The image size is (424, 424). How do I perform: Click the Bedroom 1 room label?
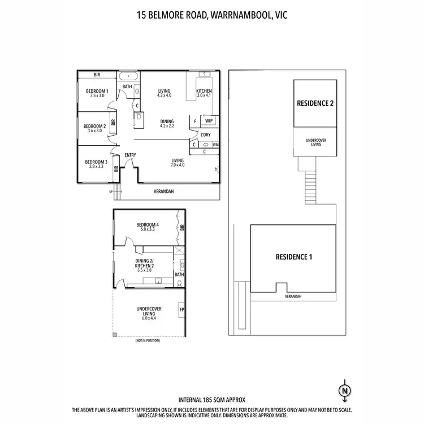pos(97,92)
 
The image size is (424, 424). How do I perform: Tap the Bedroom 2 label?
pos(94,126)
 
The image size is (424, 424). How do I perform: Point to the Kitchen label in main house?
pos(204,92)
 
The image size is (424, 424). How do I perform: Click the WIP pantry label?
pos(209,120)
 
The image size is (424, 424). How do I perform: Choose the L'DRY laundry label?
pos(206,135)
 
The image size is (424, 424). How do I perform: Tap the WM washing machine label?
pos(215,145)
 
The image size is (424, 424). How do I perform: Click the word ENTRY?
pos(130,155)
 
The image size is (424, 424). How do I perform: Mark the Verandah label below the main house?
pos(163,192)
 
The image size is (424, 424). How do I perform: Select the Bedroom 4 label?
pos(148,225)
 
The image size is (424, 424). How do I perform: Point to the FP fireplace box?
pos(181,310)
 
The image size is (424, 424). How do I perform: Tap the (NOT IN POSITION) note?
pos(148,341)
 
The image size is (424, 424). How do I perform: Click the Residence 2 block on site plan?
pos(315,103)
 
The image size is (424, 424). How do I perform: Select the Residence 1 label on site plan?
pos(293,257)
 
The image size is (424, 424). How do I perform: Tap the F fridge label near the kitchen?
pos(195,120)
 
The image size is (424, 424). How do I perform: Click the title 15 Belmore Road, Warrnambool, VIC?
pos(211,16)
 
